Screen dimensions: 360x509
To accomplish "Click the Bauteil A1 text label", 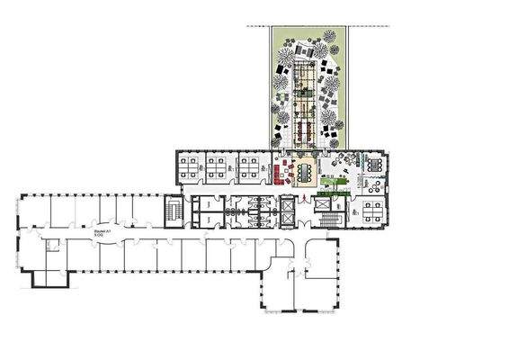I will [x=102, y=231].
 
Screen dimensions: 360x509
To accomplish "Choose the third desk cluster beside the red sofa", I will [x=249, y=165].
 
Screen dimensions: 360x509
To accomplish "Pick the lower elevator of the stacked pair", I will [x=286, y=219].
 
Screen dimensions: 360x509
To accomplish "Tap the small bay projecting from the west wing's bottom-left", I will [x=50, y=277].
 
